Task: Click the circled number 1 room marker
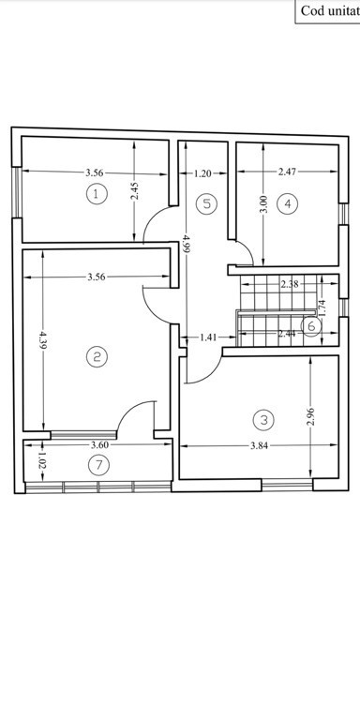pos(97,194)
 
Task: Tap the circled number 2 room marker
pos(97,357)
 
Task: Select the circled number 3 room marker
pos(263,420)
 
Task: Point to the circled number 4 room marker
pos(288,203)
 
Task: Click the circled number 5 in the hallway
pos(206,203)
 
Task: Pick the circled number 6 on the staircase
pos(312,326)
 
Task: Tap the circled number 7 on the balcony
pos(98,465)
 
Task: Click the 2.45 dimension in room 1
pos(134,190)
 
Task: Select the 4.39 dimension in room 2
pos(43,339)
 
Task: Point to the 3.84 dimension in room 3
pos(260,445)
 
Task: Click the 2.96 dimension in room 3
pos(310,417)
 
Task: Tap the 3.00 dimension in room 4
pos(263,204)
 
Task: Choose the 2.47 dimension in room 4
pos(288,172)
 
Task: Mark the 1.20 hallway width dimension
pos(202,173)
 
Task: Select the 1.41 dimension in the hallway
pos(208,337)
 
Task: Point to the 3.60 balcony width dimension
pos(100,444)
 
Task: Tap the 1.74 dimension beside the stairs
pos(322,307)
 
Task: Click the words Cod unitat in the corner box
pos(330,11)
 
